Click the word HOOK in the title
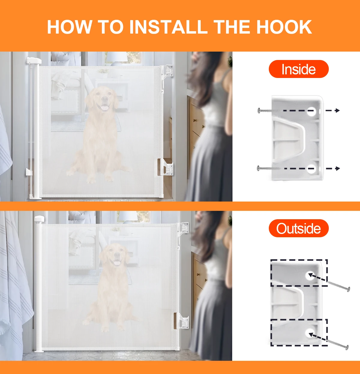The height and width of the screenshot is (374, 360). (x=284, y=27)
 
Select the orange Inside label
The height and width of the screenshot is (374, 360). (x=298, y=69)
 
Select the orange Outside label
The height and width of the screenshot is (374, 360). (x=298, y=228)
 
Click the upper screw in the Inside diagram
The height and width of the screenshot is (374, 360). (x=270, y=110)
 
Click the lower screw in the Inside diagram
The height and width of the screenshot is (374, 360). (x=269, y=168)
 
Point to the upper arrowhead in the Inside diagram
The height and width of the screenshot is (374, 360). (x=337, y=110)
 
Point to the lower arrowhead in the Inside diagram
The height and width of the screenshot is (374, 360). (x=337, y=168)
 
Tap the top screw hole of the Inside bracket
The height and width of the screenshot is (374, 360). (x=311, y=111)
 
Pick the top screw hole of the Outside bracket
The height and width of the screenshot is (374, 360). (x=310, y=276)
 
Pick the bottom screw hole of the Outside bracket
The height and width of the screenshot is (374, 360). (x=310, y=334)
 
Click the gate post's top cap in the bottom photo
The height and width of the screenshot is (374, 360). (x=39, y=219)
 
